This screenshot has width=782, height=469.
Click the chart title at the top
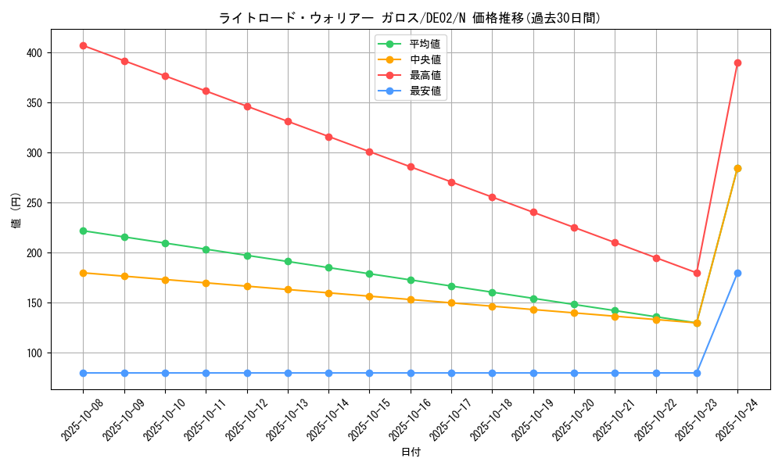[x=410, y=18]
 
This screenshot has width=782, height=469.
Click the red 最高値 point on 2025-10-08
[x=83, y=45]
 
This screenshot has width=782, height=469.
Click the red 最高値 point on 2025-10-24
[x=737, y=63]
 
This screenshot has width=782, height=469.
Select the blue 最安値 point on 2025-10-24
[x=737, y=273]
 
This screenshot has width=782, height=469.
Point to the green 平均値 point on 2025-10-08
[x=83, y=231]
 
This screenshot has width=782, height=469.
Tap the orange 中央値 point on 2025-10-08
[x=83, y=273]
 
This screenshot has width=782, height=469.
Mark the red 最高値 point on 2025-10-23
[x=697, y=273]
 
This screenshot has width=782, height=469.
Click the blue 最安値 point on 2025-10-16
[x=411, y=373]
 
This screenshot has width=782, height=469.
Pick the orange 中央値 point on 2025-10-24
[x=737, y=168]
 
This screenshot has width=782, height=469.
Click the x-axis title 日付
[x=411, y=453]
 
